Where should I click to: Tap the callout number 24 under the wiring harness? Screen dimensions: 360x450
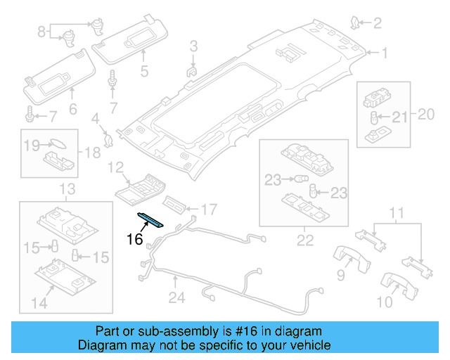click(176, 298)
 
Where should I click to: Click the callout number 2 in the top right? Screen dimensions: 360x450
click(377, 24)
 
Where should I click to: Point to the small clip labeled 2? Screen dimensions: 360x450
click(357, 25)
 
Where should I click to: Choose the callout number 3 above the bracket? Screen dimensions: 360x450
click(193, 47)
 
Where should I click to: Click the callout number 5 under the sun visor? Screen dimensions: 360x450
click(143, 71)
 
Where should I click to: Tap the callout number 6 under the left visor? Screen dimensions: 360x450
click(72, 108)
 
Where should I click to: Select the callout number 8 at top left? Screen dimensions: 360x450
click(41, 31)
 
